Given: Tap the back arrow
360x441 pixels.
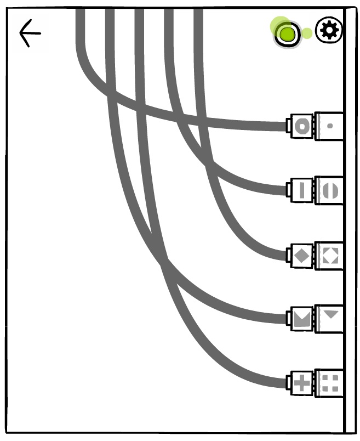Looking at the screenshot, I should [30, 33].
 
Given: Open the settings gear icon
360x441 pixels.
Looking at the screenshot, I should [329, 30].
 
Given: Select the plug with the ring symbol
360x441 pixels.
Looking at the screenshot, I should [302, 126].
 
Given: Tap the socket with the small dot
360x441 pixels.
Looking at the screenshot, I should [330, 126].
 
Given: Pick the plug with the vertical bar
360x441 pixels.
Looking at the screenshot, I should [302, 190].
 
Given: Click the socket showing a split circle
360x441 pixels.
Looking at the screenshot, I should [330, 190].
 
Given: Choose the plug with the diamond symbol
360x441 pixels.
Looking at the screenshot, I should [302, 255].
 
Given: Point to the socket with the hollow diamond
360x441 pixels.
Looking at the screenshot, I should [330, 255].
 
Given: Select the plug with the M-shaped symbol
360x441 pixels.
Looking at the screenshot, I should [302, 319].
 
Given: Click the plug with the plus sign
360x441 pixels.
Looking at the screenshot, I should [302, 382].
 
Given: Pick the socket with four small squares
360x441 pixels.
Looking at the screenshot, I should [330, 382].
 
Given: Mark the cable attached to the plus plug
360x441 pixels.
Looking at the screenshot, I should [252, 380].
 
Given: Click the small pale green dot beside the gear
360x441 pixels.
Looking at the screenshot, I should [307, 33].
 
